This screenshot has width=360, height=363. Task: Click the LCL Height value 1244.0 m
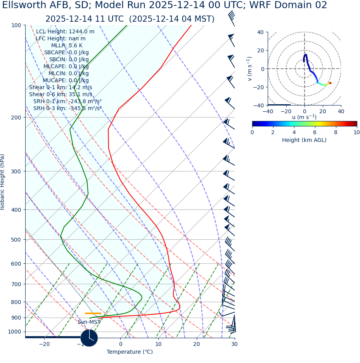click(81, 32)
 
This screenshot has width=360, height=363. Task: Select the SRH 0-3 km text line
click(67, 109)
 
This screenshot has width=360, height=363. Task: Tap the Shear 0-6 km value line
click(61, 95)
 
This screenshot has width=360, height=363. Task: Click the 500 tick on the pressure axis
click(16, 240)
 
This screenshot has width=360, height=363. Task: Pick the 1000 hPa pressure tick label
click(14, 332)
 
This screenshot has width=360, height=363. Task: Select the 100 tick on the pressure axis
click(16, 25)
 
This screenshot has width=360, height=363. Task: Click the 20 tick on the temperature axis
click(197, 344)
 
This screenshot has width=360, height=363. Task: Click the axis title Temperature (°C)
click(130, 352)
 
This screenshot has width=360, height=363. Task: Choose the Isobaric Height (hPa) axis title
click(3, 182)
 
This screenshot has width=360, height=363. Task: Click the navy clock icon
click(89, 338)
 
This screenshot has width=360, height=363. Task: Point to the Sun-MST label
click(89, 322)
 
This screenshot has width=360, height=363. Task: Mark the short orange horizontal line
click(93, 313)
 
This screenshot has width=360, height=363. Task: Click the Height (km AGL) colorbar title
click(304, 140)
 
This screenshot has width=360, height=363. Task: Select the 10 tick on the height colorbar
click(357, 133)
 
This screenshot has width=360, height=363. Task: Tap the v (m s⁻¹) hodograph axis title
click(250, 69)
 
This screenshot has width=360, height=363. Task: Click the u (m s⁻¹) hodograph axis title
click(304, 117)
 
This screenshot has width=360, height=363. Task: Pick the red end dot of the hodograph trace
click(330, 83)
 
